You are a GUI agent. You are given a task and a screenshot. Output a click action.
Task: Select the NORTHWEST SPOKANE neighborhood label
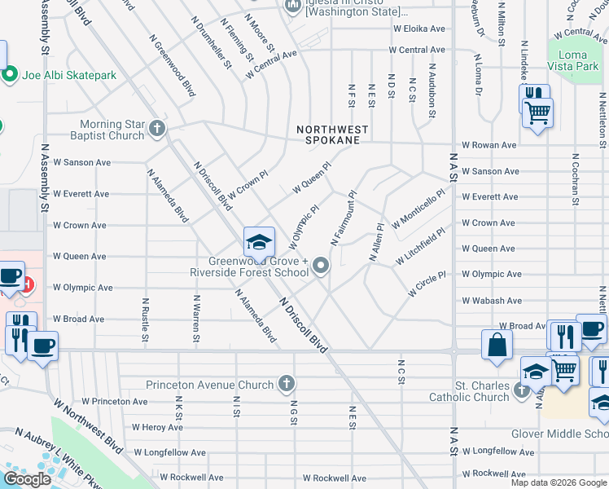pos(332,135)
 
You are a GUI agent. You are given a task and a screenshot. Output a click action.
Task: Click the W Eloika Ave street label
pos(419,29)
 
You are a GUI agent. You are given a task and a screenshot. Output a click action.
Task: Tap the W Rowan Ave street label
pos(489,145)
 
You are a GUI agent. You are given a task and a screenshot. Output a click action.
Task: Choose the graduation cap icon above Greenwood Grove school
pos(259,242)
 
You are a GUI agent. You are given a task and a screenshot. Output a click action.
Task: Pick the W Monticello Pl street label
pos(418,209)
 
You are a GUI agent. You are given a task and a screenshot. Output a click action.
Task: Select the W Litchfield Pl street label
pos(422,246)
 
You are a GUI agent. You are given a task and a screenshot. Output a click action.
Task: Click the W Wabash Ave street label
pos(491,300)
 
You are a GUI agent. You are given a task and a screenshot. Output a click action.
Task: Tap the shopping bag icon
pos(497,345)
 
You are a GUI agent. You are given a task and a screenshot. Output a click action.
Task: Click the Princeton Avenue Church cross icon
pos(286,382)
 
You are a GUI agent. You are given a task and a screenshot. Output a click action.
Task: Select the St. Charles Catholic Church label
pos(470,391)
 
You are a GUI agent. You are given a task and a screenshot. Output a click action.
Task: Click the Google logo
pos(27,479)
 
